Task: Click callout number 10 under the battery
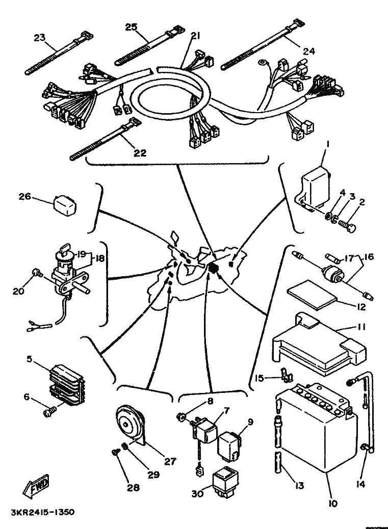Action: [x=332, y=504]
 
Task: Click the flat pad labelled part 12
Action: [x=312, y=295]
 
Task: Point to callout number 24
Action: [x=308, y=51]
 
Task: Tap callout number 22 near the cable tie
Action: [x=140, y=153]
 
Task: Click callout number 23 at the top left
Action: [x=40, y=38]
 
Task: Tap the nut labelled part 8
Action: [x=181, y=418]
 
